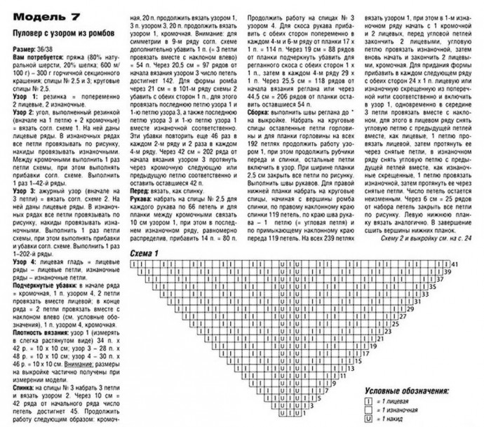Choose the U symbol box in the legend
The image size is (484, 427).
point(367,418)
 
